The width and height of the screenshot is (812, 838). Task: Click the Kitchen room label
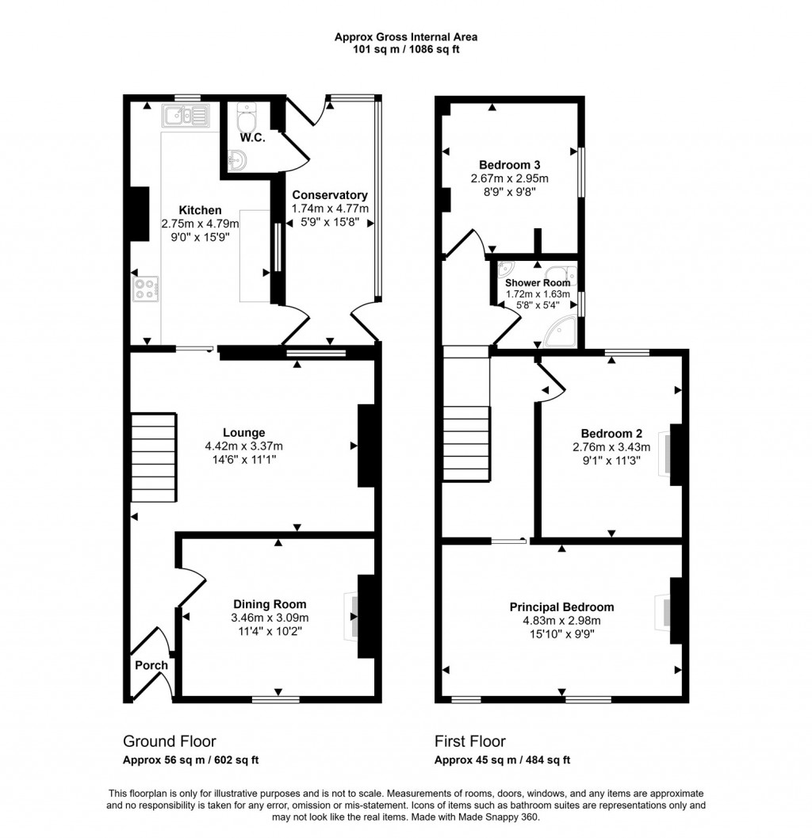point(200,210)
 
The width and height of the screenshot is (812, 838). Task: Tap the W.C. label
point(253,138)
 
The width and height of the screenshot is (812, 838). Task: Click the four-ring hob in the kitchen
point(145,289)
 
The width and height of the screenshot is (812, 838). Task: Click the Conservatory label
point(329,195)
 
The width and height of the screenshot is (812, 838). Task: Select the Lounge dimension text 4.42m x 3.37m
point(243,446)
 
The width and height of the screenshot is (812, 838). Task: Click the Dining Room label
point(270,604)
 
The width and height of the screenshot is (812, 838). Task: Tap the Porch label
point(151,665)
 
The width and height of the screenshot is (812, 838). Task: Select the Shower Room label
point(538,283)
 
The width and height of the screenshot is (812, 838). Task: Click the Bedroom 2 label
point(611,433)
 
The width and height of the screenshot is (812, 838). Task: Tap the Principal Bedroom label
point(561,607)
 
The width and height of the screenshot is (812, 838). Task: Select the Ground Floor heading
point(169,741)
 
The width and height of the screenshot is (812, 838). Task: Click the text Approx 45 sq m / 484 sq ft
point(502,760)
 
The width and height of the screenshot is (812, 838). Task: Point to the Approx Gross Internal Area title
point(405,36)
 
